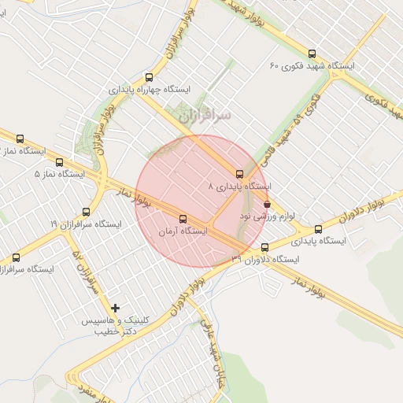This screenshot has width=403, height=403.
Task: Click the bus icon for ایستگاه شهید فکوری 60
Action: (x=312, y=54)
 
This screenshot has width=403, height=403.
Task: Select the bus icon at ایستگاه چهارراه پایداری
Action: (x=149, y=77)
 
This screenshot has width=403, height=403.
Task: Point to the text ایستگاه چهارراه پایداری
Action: (x=150, y=89)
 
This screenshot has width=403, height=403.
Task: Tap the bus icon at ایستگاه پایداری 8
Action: (x=239, y=174)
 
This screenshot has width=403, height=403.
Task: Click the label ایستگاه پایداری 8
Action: (x=239, y=187)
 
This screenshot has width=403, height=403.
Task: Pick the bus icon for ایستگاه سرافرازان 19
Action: (x=87, y=212)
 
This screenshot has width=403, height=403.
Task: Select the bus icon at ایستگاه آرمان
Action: (x=183, y=220)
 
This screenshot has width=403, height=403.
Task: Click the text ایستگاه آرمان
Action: (x=182, y=232)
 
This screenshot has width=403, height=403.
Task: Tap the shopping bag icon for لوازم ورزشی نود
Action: (x=268, y=203)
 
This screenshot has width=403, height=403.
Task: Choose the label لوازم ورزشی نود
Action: (x=256, y=215)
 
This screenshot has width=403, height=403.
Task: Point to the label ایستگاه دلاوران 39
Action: (x=266, y=259)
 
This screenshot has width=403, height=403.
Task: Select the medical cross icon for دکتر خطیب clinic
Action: (x=116, y=308)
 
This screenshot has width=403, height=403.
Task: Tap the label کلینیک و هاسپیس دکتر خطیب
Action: (x=110, y=327)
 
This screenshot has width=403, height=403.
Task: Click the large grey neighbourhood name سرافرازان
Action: (x=205, y=116)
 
